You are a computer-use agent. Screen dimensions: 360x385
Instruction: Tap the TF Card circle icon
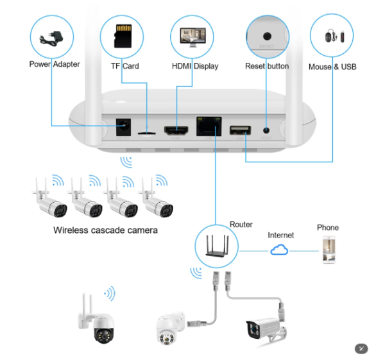[x=123, y=37]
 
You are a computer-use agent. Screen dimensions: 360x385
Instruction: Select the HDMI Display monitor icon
[x=191, y=37]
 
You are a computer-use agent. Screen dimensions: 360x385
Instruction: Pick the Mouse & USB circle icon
[x=332, y=37]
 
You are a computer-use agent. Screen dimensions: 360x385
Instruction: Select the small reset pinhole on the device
[x=267, y=130]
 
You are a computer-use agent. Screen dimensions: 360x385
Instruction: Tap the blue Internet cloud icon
[x=280, y=250]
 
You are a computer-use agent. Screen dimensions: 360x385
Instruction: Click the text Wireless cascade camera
[x=105, y=230]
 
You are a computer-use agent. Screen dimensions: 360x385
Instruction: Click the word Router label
[x=241, y=225]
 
